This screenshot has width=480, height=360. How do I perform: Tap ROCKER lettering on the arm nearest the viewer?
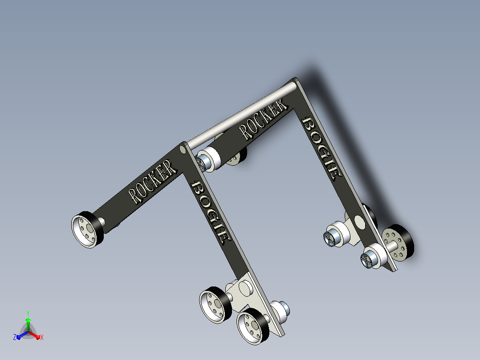(x=152, y=182)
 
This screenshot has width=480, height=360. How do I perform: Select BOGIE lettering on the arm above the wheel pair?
(x=211, y=213)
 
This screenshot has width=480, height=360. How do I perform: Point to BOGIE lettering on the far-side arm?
(x=322, y=148)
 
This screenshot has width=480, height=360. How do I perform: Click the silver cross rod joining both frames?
(x=242, y=114)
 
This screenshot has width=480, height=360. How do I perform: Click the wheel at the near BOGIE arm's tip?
(x=253, y=326)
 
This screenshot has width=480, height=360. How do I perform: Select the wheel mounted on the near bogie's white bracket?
(x=216, y=305)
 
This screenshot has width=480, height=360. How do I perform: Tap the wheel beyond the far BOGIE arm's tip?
(x=398, y=243)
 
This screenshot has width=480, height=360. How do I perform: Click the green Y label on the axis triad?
(x=28, y=313)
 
